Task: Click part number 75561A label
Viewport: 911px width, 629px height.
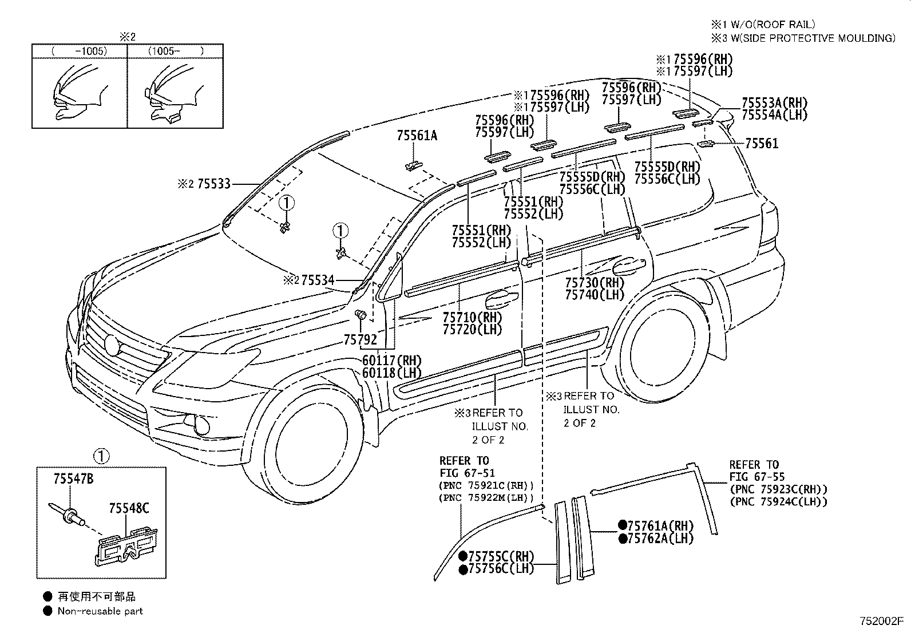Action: tap(417, 136)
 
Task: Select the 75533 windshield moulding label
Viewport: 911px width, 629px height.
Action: tap(213, 184)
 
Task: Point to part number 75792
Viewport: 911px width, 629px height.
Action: tap(360, 340)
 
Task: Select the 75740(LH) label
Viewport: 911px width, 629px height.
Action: tap(595, 295)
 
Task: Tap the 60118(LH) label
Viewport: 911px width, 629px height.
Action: tap(391, 373)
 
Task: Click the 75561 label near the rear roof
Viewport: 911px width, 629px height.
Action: tap(762, 144)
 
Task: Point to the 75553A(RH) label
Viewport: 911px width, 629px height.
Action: tap(774, 103)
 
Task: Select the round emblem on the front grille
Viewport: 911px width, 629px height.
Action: tap(112, 345)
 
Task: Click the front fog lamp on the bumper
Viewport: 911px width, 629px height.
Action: tap(201, 425)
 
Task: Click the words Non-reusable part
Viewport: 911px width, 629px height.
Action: tap(100, 611)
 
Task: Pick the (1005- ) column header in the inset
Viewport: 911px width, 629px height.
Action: tap(176, 51)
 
